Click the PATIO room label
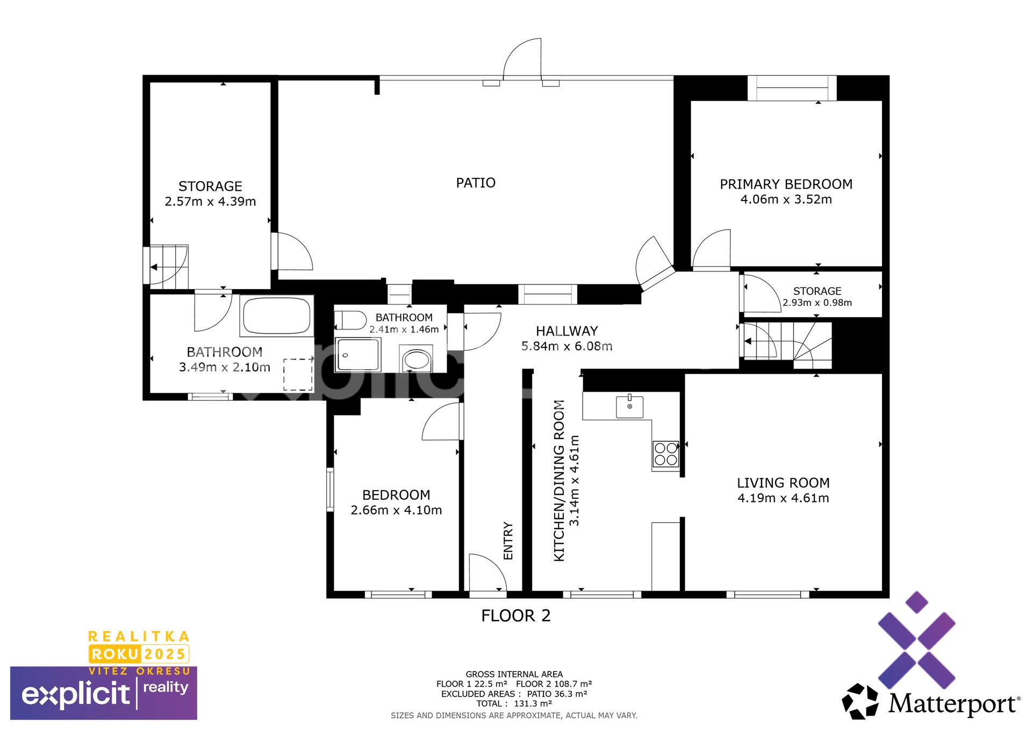point(476,183)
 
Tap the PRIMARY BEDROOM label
point(786,184)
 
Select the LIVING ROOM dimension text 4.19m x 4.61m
point(783,498)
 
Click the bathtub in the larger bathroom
point(276,316)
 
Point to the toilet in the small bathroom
point(350,320)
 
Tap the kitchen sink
point(629,406)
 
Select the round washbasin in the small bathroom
point(416,360)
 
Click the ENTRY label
point(508,541)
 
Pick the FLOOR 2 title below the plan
point(516,616)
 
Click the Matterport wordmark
point(954,704)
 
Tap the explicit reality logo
point(104,693)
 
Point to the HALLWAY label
point(567,331)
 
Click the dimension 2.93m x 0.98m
point(817,303)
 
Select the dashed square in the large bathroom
point(298,375)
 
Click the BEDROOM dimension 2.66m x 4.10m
point(396,511)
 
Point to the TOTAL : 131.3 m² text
point(514,704)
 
